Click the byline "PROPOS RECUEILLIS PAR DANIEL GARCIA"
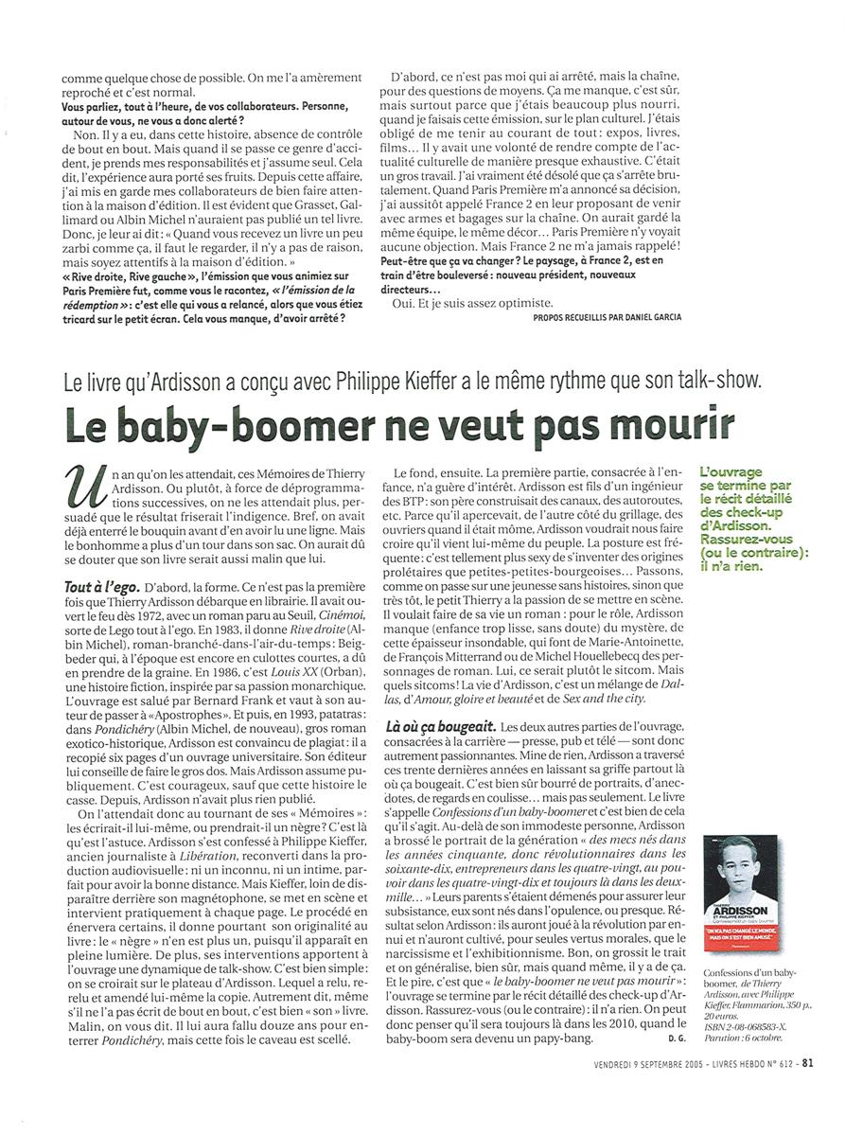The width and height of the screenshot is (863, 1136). pos(607,317)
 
